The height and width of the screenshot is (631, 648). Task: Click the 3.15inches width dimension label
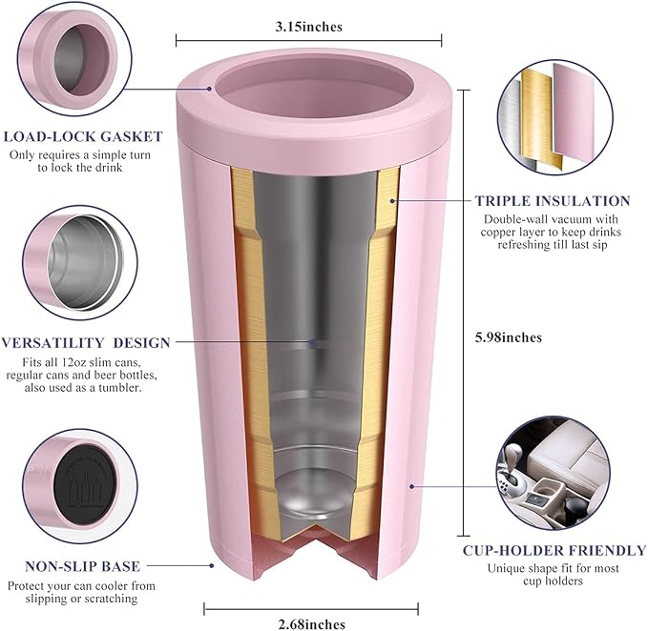tap(308, 27)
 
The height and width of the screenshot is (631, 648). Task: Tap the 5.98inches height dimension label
tap(508, 337)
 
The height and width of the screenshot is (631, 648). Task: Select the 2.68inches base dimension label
tap(312, 624)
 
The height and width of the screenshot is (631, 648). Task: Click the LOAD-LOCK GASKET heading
tap(83, 136)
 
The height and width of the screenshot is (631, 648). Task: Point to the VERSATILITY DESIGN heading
tap(86, 343)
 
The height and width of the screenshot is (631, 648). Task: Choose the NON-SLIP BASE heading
tap(83, 566)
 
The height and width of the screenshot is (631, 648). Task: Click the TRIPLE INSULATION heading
tap(553, 201)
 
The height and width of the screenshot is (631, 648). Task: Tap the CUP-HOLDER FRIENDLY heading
tap(554, 551)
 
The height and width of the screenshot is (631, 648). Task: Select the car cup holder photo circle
tap(554, 474)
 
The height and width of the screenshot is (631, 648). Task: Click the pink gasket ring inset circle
tap(74, 58)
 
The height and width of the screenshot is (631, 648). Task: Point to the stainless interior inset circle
tap(80, 262)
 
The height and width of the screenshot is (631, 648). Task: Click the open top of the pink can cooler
tap(315, 92)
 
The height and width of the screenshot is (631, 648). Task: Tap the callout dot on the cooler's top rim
tap(210, 89)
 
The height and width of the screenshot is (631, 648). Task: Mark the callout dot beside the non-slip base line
tap(212, 566)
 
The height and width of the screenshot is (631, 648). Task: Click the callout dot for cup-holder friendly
tap(411, 486)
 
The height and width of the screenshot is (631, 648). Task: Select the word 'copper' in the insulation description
tap(498, 232)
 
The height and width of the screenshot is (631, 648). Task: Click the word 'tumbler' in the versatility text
tap(120, 388)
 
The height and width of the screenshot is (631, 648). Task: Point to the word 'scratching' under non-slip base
tap(110, 600)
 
